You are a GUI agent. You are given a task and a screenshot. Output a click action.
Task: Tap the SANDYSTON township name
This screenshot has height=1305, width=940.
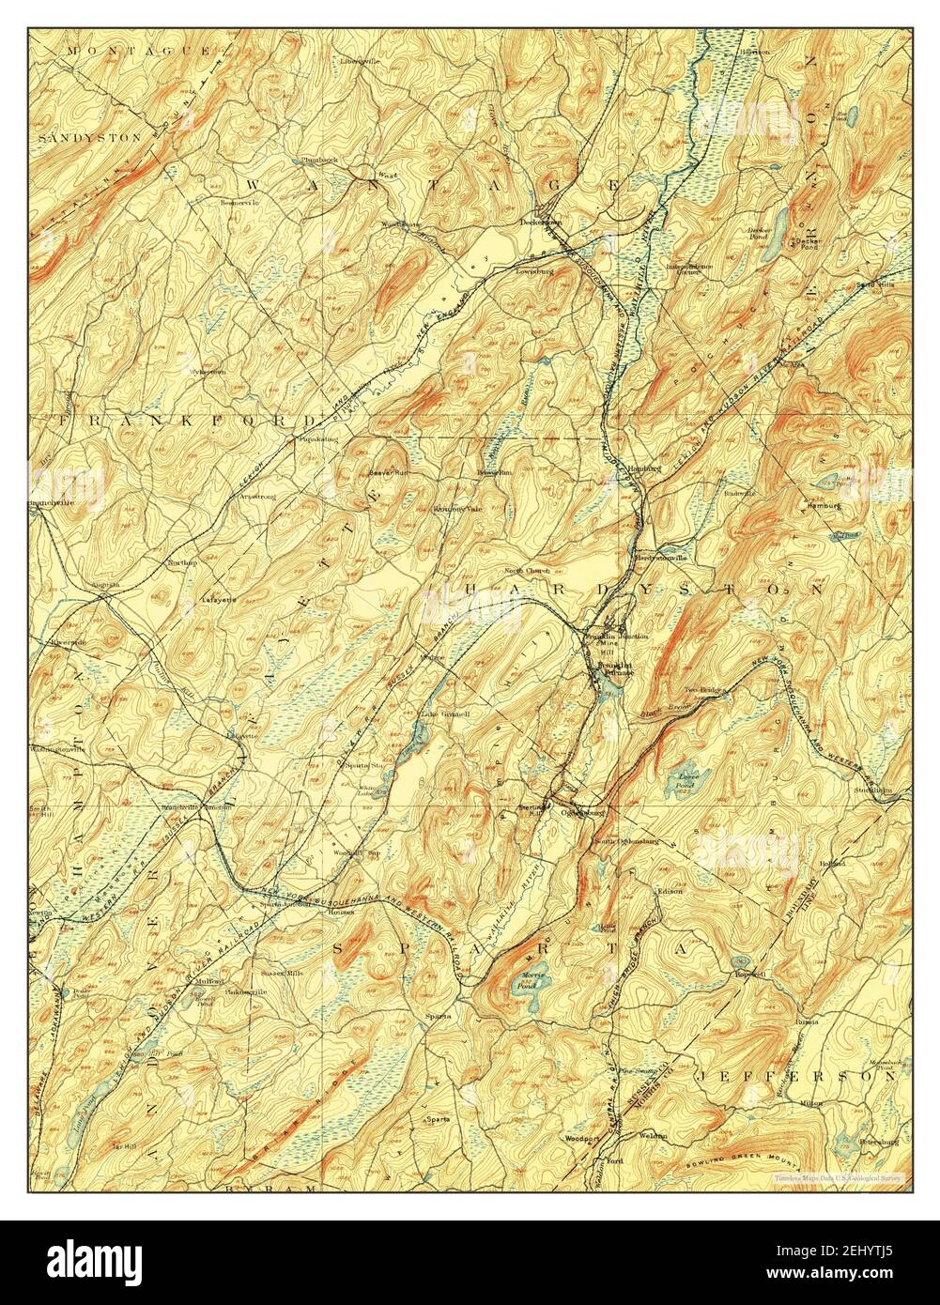90,137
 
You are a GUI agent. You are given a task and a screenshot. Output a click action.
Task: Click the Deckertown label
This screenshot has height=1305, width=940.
541,223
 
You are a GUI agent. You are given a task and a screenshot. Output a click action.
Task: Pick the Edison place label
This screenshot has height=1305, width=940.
670,890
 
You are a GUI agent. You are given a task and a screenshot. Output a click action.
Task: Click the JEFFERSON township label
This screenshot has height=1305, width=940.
794,1078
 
